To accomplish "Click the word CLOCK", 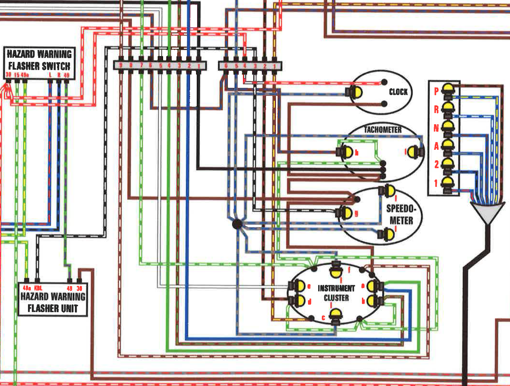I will point(398,92).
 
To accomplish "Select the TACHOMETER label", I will point(383,130).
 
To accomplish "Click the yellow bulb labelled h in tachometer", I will point(347,152).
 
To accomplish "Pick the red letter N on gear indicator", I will point(436,128).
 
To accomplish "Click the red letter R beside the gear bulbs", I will point(436,110).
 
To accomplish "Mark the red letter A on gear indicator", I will point(436,146).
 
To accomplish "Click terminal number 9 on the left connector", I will point(121,65).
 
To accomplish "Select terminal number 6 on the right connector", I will point(226,66).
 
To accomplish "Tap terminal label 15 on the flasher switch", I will point(16,75).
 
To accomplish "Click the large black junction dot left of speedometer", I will point(237,224).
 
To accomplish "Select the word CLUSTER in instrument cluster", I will point(336,298).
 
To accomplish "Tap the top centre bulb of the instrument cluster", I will point(336,270).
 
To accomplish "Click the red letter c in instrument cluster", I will point(323,318).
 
